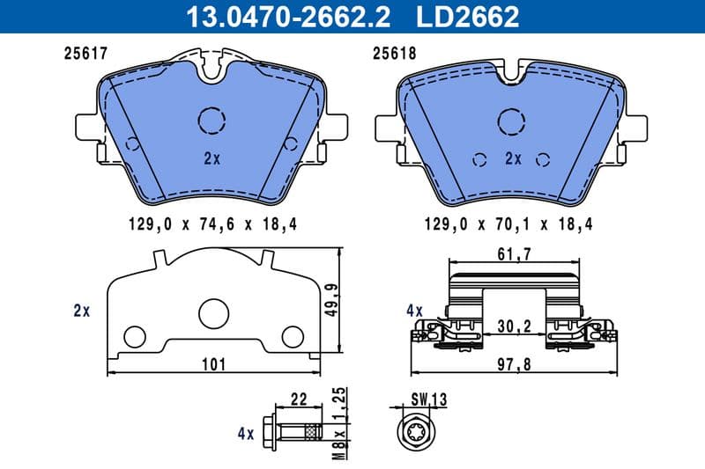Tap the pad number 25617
click(x=85, y=53)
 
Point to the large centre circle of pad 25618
click(x=513, y=120)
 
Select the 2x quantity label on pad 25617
click(x=211, y=159)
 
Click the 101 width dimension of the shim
click(x=214, y=363)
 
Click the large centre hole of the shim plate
click(x=214, y=314)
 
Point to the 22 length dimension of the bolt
click(x=298, y=399)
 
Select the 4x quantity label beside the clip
click(x=414, y=311)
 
